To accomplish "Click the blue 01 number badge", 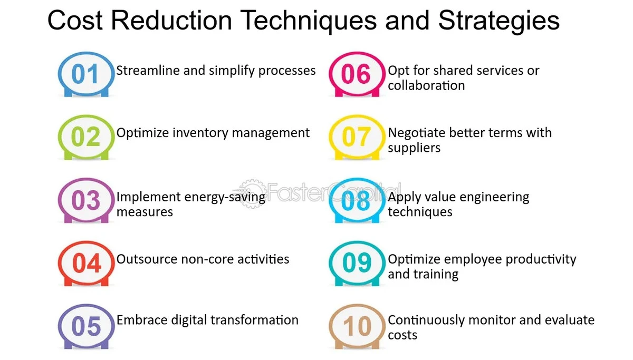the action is [86, 74].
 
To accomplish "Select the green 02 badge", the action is [86, 137].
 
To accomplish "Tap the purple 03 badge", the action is [86, 200].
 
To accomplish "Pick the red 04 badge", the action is [86, 264].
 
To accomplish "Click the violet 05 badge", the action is [86, 326].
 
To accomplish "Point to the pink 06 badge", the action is [357, 74].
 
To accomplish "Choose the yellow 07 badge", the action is [357, 137].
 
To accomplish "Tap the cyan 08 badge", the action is [357, 200].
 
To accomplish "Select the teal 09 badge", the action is [357, 264].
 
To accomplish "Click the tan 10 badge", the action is [357, 326].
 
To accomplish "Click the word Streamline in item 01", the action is [148, 70].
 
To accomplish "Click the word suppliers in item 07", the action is [414, 148].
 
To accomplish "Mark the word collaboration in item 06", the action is [426, 85].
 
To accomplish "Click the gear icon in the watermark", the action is [252, 193].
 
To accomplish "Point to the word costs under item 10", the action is [402, 335].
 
